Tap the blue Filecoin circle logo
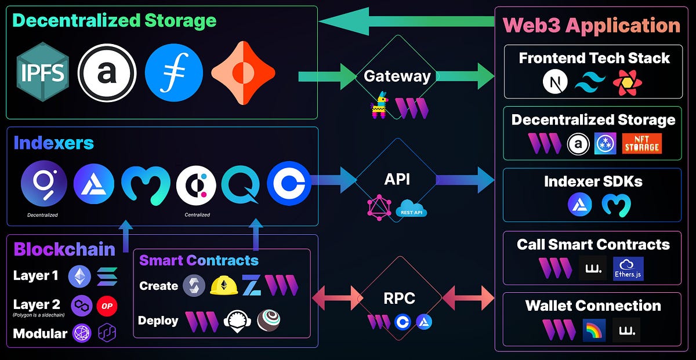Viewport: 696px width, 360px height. point(174,73)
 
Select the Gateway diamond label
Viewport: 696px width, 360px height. point(397,76)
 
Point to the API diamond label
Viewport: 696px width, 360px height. point(397,179)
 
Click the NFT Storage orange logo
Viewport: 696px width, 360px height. point(641,143)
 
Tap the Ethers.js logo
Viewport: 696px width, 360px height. point(628,268)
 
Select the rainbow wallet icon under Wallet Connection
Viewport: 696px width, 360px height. point(593,330)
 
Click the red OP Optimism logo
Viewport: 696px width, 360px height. point(107,306)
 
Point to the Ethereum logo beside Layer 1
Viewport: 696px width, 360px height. point(79,277)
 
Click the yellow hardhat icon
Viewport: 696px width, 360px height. point(224,285)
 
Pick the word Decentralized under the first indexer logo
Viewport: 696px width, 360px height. point(42,215)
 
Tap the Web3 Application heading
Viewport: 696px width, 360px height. point(591,26)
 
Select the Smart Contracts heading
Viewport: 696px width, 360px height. point(198,260)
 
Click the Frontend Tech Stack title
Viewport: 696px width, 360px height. point(594,58)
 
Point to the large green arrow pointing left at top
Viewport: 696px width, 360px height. point(406,21)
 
